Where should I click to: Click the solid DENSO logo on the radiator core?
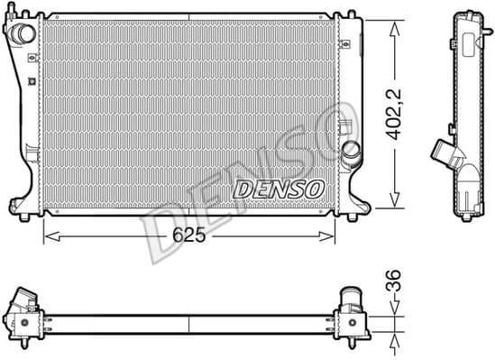[279, 189]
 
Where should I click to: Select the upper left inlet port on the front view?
[23, 32]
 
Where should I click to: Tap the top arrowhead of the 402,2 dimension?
[395, 23]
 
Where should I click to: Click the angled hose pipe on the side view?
[445, 153]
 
